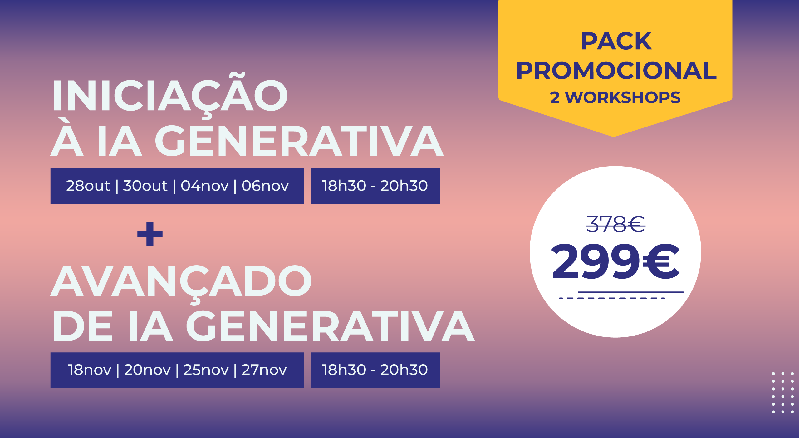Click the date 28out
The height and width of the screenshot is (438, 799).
88,186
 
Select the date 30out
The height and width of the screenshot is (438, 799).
145,186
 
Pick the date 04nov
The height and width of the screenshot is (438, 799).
205,186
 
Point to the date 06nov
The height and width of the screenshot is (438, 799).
265,186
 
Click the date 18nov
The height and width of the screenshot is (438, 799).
90,370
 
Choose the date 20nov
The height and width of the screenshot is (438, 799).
147,370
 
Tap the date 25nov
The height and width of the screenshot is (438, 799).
206,370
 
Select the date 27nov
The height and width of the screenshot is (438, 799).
264,370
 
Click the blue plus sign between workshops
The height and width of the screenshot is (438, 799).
150,234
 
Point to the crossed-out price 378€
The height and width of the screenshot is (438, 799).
616,224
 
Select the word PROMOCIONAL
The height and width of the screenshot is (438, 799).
616,71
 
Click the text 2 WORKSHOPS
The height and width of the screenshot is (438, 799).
615,97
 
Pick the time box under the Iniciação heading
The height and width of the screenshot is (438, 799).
375,186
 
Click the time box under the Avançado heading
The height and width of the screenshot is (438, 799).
375,370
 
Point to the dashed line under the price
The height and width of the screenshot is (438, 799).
612,298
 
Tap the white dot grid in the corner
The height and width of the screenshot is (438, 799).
783,393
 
